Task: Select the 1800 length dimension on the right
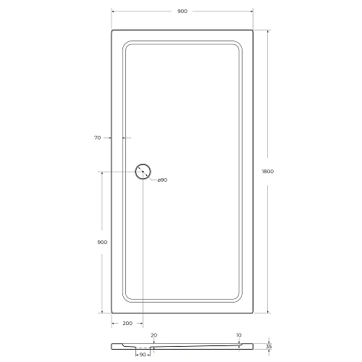coord(267,171)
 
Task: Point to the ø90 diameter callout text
coord(162,180)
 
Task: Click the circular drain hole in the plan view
coord(143,172)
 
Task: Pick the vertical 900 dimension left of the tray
coord(102,242)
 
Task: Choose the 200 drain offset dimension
coord(127,324)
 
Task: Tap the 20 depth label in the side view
coord(153,336)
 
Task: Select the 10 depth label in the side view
coord(238,336)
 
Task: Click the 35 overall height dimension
coord(269,347)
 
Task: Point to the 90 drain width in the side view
coord(143,355)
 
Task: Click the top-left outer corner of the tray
coord(112,30)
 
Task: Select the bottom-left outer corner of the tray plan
coord(112,312)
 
